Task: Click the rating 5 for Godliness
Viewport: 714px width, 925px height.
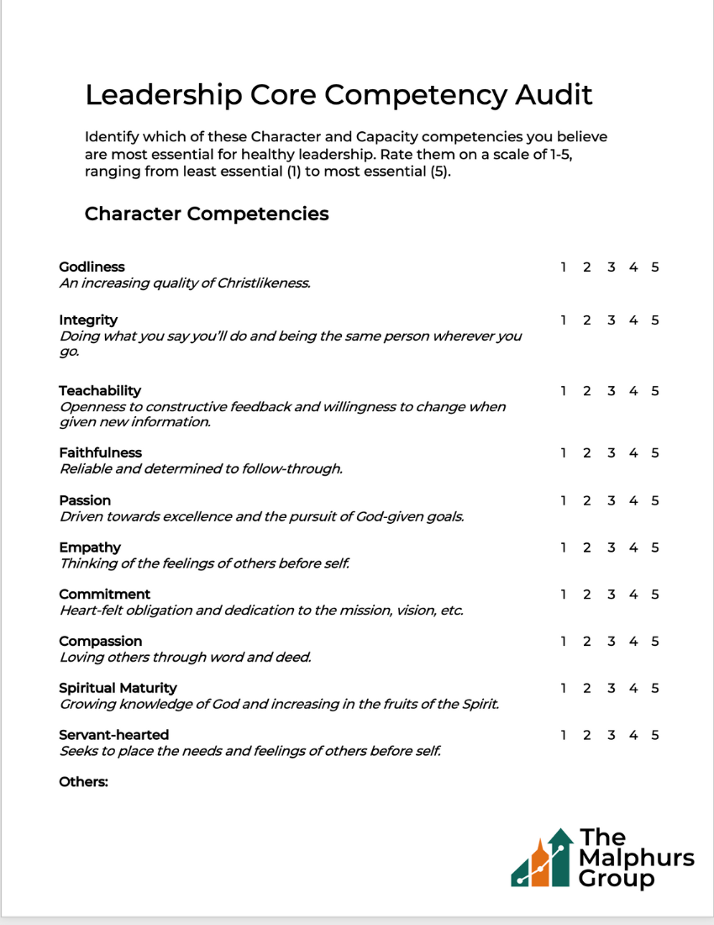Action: point(654,267)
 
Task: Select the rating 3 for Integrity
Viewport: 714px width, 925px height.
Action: point(611,320)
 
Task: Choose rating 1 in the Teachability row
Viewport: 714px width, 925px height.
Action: point(563,391)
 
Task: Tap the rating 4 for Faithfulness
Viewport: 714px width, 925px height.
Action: point(633,453)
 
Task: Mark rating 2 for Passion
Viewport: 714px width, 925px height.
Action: point(586,500)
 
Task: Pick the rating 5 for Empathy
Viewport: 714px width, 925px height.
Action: point(654,547)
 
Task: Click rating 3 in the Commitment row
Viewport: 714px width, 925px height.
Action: point(611,595)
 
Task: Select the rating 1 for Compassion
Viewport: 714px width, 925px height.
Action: point(563,642)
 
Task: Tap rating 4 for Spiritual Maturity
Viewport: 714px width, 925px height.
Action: point(633,688)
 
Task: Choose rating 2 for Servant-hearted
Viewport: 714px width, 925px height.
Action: point(586,735)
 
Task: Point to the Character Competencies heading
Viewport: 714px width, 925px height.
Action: point(207,214)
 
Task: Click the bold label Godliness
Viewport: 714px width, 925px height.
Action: point(92,267)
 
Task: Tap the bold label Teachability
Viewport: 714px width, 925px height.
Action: point(100,391)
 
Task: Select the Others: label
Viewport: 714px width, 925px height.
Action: point(83,782)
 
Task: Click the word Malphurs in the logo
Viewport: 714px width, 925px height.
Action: point(637,859)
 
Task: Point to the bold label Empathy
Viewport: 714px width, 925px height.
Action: point(90,547)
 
